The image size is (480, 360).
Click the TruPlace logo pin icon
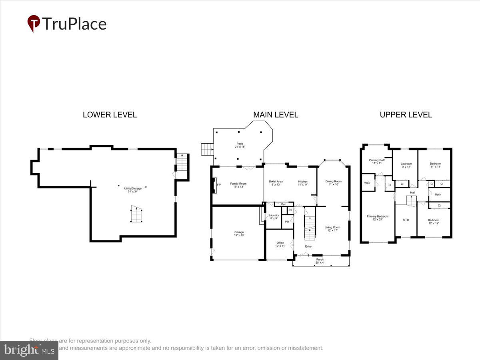coord(34,23)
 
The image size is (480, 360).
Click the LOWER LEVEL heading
coord(110,115)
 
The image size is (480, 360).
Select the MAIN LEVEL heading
coord(276,115)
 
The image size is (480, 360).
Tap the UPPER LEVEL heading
coord(406,115)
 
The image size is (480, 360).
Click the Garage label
coord(239,234)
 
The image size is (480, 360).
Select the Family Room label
coord(238,185)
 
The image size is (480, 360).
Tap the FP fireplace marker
coord(219,185)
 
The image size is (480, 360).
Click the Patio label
coord(239,145)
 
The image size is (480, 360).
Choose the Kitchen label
coord(303,183)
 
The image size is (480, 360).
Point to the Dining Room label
coord(333,183)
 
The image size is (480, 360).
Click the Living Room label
coord(332,229)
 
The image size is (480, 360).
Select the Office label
coord(280,244)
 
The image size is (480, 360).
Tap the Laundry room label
coord(274,216)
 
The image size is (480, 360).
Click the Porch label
coord(320,261)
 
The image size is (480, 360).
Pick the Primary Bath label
coord(377,162)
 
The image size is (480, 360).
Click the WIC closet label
coord(367,183)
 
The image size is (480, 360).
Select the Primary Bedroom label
coord(377,218)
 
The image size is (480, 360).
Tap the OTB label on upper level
coord(406,220)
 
